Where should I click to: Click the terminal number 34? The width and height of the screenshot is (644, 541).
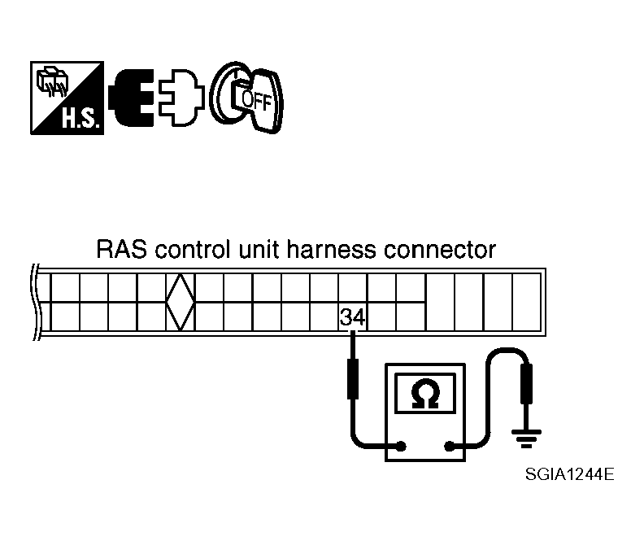352,317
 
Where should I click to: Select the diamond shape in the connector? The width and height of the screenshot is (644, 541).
179,302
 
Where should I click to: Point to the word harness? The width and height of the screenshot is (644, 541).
337,249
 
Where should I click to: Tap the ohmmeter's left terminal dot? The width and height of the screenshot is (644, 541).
401,445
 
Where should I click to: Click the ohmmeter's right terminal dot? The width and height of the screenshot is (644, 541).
448,445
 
